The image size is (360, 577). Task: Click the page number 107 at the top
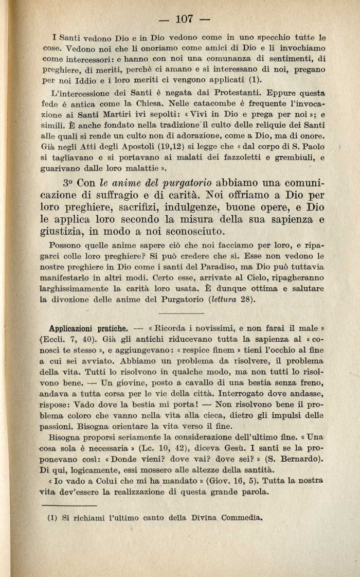click(184, 20)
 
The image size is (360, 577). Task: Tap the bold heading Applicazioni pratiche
click(88, 328)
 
